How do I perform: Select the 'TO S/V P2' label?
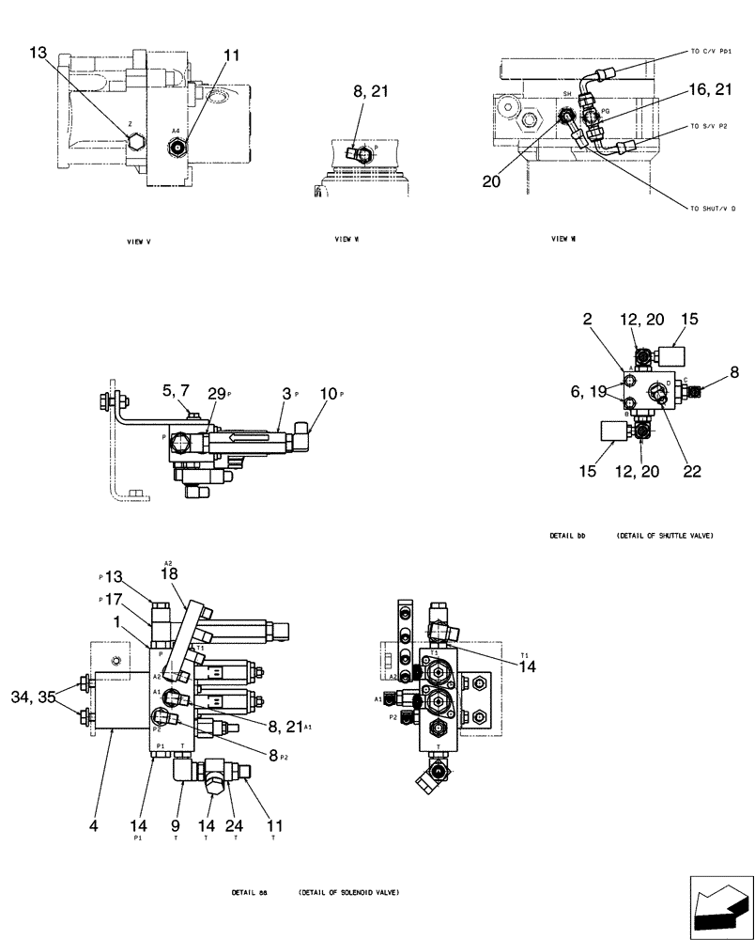[x=709, y=125]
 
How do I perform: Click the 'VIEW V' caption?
[x=139, y=242]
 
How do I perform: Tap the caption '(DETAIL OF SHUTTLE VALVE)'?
[x=665, y=536]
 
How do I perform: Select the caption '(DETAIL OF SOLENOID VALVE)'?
[x=348, y=892]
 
